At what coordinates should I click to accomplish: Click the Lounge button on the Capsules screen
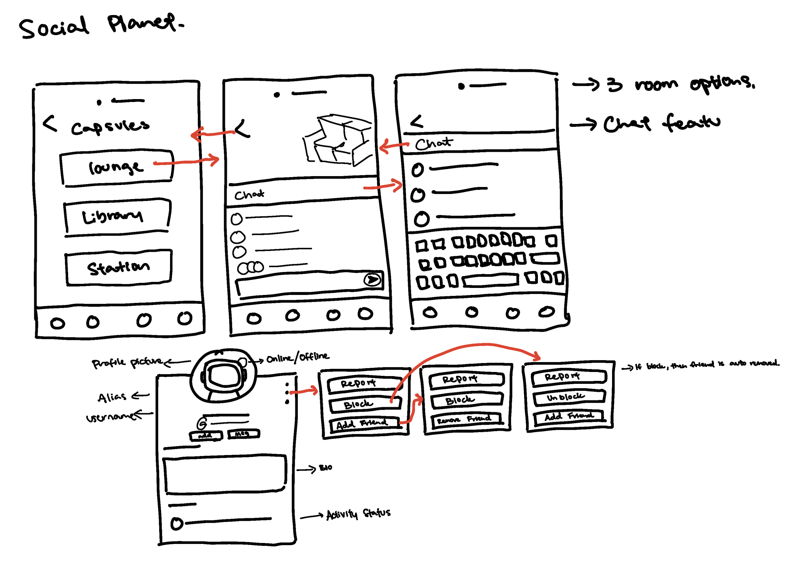117,168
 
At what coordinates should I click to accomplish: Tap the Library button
117,216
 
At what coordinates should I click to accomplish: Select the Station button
118,267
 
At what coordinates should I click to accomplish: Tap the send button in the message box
372,279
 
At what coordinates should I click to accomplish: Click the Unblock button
569,397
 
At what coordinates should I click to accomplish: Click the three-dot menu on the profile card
287,393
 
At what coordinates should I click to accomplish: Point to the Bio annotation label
326,468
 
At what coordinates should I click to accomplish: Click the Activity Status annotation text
359,514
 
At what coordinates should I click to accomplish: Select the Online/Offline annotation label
298,357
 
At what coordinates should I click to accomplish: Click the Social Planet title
101,26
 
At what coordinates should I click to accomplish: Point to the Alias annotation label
111,397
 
